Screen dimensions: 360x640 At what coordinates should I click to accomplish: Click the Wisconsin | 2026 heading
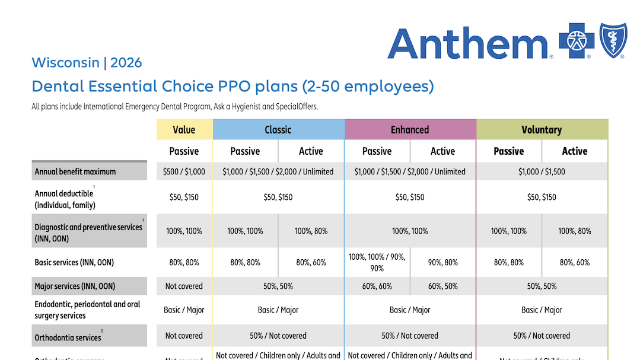pos(87,62)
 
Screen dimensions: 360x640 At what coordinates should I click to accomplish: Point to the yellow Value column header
pos(184,129)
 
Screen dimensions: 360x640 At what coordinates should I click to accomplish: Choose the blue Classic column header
pos(278,129)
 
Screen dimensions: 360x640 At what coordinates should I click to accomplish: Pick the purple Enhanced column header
pos(410,129)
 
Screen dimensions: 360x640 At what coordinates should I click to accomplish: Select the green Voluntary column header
pos(542,129)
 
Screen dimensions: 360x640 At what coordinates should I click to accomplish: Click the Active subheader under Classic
pos(311,151)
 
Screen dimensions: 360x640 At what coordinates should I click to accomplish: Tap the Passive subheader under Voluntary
pos(509,151)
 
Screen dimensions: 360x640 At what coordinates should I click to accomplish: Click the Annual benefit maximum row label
pos(75,171)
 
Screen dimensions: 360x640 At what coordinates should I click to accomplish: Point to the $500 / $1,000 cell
pos(184,171)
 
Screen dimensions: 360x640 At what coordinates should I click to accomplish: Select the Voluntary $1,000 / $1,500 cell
pos(542,171)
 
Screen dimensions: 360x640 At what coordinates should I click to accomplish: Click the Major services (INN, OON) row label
pos(75,286)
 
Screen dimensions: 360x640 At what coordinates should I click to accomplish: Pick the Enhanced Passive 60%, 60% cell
pos(377,286)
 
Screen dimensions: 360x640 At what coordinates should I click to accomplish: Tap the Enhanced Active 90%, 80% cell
pos(442,262)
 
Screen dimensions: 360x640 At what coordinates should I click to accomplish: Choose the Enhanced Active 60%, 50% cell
pos(442,286)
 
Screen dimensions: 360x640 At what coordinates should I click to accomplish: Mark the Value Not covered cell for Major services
pos(184,286)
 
